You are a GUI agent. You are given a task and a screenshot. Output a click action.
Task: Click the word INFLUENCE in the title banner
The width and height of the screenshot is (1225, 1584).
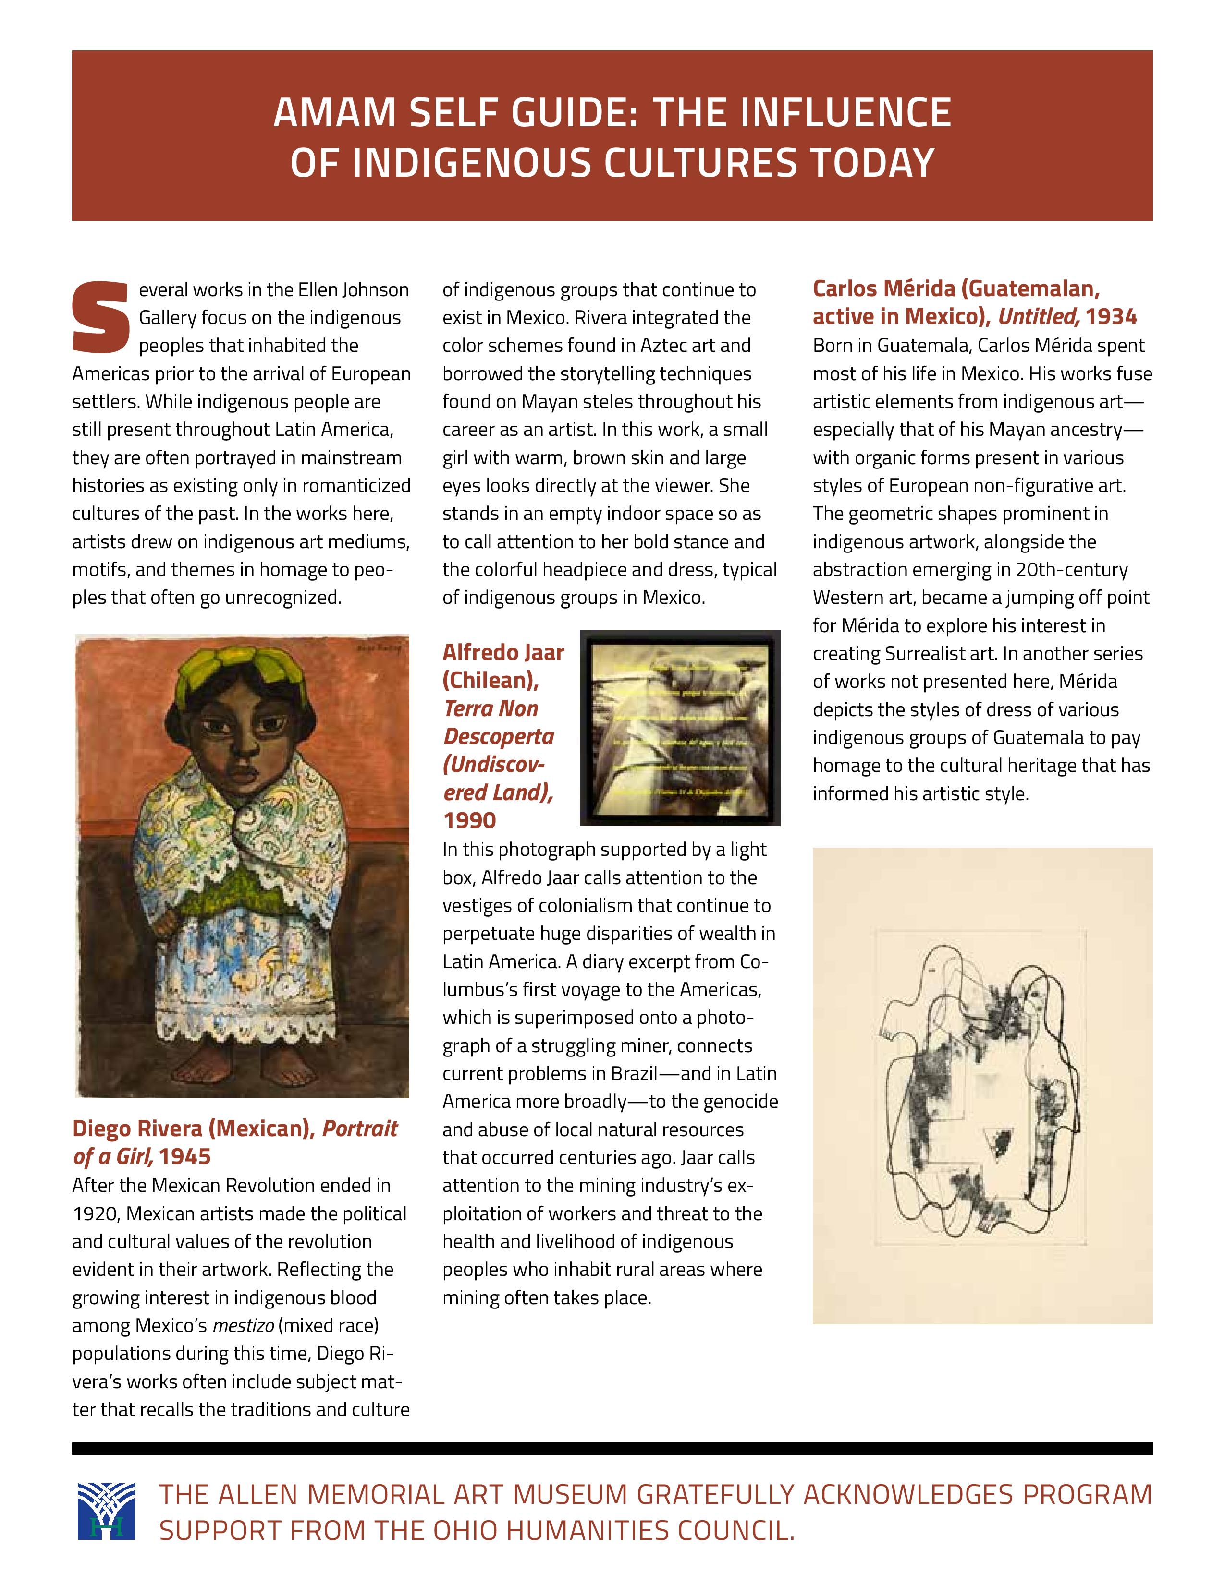pos(801,113)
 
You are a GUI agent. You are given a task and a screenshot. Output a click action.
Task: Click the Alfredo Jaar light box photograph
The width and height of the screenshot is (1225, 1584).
pos(680,728)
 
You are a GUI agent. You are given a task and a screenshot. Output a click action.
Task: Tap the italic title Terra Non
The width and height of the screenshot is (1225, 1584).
pos(490,708)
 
